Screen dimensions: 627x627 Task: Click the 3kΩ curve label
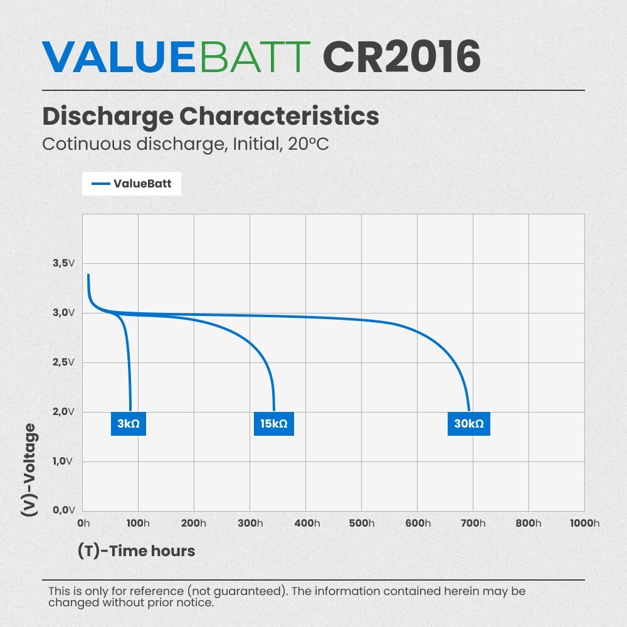coord(129,424)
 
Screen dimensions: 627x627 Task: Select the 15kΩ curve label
coord(274,424)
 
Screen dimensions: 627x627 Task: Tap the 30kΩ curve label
coord(469,424)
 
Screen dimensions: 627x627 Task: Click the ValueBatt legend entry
coord(132,184)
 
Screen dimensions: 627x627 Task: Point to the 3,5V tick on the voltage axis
coord(63,263)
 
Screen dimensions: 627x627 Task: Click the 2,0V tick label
coord(63,412)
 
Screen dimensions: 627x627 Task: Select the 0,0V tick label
coord(63,510)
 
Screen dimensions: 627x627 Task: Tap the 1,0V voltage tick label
coord(63,461)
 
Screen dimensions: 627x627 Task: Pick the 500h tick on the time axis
coord(362,524)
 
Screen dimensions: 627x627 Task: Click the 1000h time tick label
coord(584,524)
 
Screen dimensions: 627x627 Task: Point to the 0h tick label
coord(83,524)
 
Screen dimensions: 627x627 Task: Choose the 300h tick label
coord(250,524)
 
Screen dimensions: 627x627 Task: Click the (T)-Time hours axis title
coord(137,551)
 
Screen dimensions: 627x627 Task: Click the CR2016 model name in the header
coord(401,58)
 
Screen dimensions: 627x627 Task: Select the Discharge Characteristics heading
coord(211,117)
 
